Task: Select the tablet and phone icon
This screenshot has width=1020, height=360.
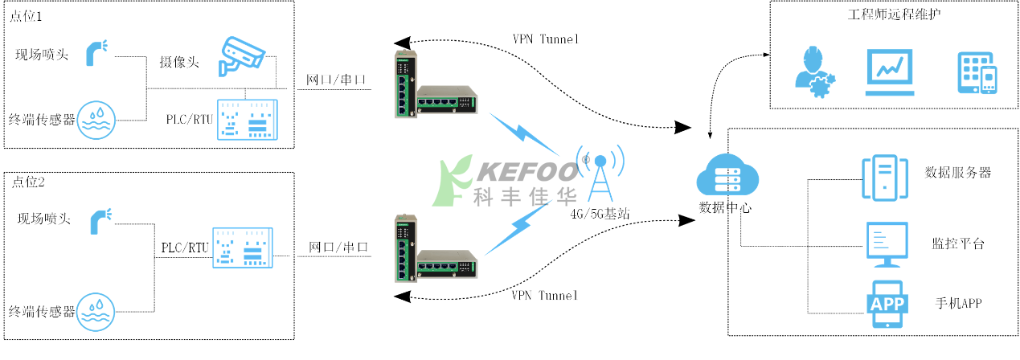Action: point(977,73)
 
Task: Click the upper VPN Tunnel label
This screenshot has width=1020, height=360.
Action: point(545,39)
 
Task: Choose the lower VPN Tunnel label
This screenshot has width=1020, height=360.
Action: point(544,295)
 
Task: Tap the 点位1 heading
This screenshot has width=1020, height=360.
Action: point(28,17)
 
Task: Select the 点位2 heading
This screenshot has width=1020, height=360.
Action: point(29,182)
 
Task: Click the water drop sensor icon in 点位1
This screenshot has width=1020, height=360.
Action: point(96,121)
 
